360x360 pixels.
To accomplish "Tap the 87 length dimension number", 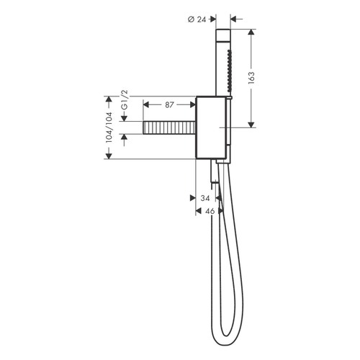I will pos(170,105).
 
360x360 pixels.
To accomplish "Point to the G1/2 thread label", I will pos(123,101).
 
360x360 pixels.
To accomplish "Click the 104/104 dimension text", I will pos(109,127).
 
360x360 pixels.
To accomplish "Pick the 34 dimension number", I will pos(205,198).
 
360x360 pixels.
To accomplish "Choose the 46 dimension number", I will pos(210,211).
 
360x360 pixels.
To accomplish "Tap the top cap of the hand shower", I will pos(222,34).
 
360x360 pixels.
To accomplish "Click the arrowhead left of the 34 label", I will pos(193,198).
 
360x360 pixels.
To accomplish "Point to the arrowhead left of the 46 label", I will pos(199,211).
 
